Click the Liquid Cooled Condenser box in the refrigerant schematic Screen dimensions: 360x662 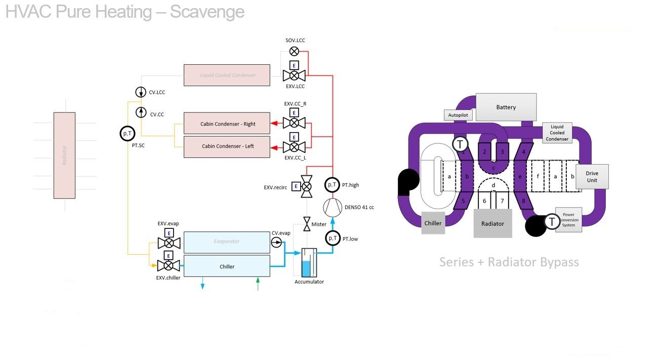click(x=227, y=75)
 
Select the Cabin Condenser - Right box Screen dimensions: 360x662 click(x=227, y=124)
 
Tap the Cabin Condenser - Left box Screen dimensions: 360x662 click(x=227, y=146)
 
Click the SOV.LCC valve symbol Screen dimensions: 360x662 click(x=294, y=51)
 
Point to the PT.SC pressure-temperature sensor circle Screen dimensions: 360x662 click(x=127, y=133)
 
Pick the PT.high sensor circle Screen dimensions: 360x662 click(x=332, y=185)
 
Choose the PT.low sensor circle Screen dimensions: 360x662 click(x=332, y=238)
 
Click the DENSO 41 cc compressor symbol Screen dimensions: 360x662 click(x=332, y=207)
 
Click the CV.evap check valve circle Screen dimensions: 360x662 click(x=276, y=243)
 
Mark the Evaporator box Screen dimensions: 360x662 click(x=227, y=242)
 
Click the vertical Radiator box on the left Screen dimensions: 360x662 click(x=64, y=155)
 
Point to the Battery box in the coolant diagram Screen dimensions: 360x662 click(x=506, y=107)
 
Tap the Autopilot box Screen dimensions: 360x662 click(x=459, y=115)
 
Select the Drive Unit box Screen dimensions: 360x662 click(x=592, y=177)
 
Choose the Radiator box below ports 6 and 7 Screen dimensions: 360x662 click(x=492, y=224)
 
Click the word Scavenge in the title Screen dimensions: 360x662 click(x=207, y=12)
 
